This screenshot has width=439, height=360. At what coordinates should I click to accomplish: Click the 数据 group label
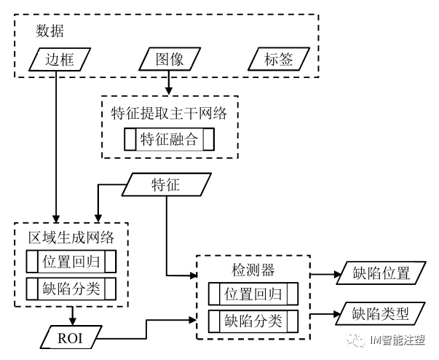point(50,31)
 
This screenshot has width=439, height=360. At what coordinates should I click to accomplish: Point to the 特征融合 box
point(169,140)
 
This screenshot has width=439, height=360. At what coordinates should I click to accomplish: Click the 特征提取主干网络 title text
point(169,114)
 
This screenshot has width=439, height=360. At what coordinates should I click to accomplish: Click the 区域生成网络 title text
point(71,238)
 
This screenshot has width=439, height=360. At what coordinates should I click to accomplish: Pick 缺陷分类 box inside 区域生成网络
point(71,288)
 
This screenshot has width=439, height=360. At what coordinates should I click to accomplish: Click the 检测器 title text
point(253,270)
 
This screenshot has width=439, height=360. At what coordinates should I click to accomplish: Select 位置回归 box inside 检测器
point(253,294)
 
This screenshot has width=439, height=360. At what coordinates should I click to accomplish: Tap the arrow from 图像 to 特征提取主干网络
point(170,82)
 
